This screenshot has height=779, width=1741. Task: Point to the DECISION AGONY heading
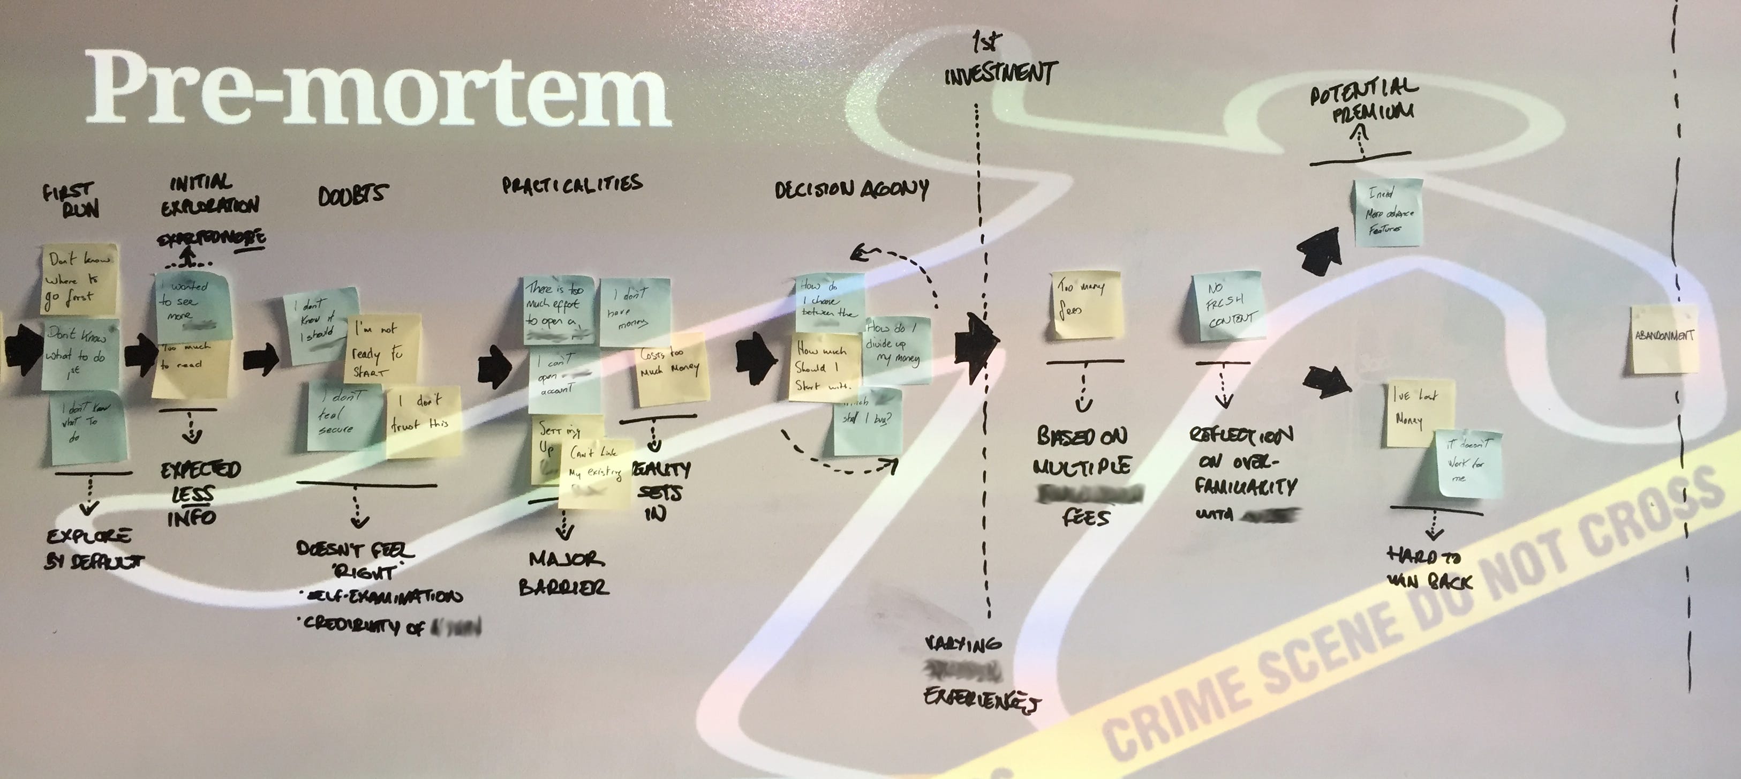click(x=851, y=191)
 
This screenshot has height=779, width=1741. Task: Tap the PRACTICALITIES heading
click(x=572, y=185)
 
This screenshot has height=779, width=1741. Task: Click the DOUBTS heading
click(x=353, y=195)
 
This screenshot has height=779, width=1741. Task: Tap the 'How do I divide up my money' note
click(x=896, y=348)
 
